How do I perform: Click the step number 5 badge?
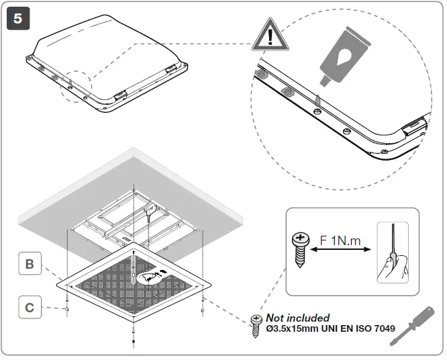click(18, 18)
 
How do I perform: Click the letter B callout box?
click(30, 264)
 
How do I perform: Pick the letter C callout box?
click(30, 308)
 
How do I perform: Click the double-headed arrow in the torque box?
click(340, 251)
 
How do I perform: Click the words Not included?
click(298, 317)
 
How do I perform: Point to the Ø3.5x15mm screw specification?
click(291, 328)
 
